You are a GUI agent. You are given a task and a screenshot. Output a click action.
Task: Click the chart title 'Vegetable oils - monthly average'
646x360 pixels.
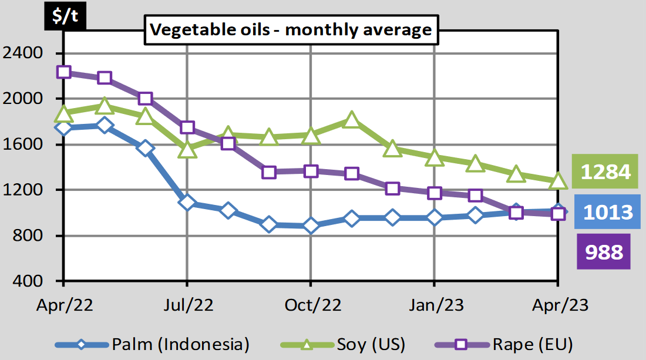click(291, 30)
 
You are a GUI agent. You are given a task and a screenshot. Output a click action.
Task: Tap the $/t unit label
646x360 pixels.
click(65, 16)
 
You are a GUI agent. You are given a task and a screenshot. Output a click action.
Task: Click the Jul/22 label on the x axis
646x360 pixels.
click(187, 305)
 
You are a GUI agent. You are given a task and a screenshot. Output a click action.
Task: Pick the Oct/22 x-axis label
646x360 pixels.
click(310, 305)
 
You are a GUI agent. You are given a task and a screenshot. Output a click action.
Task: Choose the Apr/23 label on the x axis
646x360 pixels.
click(557, 305)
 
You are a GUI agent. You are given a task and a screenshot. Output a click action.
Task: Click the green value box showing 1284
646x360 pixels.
click(605, 172)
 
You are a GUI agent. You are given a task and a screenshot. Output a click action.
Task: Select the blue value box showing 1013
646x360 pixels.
click(605, 211)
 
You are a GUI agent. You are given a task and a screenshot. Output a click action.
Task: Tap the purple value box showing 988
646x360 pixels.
click(604, 251)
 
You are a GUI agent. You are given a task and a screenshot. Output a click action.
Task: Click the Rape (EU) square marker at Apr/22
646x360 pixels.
click(64, 72)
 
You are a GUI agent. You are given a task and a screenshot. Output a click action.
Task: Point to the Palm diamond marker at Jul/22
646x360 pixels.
click(187, 203)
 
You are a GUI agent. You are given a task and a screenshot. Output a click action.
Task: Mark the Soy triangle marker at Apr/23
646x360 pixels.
click(557, 181)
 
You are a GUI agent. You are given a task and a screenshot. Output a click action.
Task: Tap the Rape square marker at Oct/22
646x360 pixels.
click(310, 171)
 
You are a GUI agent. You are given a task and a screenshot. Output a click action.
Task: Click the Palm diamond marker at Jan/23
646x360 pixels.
click(434, 218)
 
